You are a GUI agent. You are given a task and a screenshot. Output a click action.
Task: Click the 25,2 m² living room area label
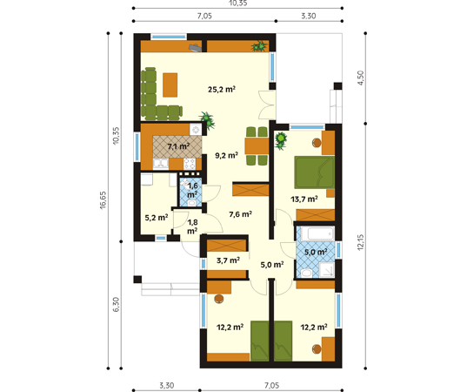pyautogui.click(x=222, y=89)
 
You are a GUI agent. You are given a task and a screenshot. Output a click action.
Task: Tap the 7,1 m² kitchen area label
pyautogui.click(x=178, y=146)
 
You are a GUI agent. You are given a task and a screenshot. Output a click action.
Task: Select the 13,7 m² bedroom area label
pyautogui.click(x=304, y=199)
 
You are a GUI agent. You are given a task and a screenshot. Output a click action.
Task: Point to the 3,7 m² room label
pyautogui.click(x=228, y=260)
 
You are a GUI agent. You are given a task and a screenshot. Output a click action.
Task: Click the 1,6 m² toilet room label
pyautogui.click(x=192, y=190)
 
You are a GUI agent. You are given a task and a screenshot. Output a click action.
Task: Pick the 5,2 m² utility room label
pyautogui.click(x=157, y=218)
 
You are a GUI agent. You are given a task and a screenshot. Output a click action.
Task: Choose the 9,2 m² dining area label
pyautogui.click(x=226, y=155)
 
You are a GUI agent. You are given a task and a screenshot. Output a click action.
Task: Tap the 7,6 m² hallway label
pyautogui.click(x=240, y=214)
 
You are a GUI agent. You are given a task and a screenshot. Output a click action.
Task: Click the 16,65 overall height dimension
pyautogui.click(x=103, y=200)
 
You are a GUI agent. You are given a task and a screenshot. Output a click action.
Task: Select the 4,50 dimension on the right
pyautogui.click(x=360, y=78)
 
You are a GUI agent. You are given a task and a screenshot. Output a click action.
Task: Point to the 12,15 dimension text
pyautogui.click(x=360, y=242)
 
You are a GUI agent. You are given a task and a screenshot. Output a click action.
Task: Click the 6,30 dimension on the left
pyautogui.click(x=116, y=305)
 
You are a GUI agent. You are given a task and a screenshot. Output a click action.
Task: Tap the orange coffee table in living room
pyautogui.click(x=170, y=85)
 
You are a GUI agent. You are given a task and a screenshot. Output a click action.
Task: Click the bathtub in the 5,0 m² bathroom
pyautogui.click(x=317, y=233)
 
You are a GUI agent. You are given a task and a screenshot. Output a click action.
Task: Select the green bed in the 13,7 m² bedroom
pyautogui.click(x=314, y=172)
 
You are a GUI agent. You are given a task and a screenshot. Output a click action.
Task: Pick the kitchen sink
pyautogui.click(x=161, y=164)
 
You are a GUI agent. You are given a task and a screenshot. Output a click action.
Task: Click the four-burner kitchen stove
pyautogui.click(x=190, y=164)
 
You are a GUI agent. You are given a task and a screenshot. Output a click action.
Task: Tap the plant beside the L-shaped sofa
pyautogui.click(x=207, y=120)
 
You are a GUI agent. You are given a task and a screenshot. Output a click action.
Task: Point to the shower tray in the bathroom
pyautogui.click(x=327, y=270)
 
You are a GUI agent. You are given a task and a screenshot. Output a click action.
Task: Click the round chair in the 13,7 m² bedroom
pyautogui.click(x=317, y=143)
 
